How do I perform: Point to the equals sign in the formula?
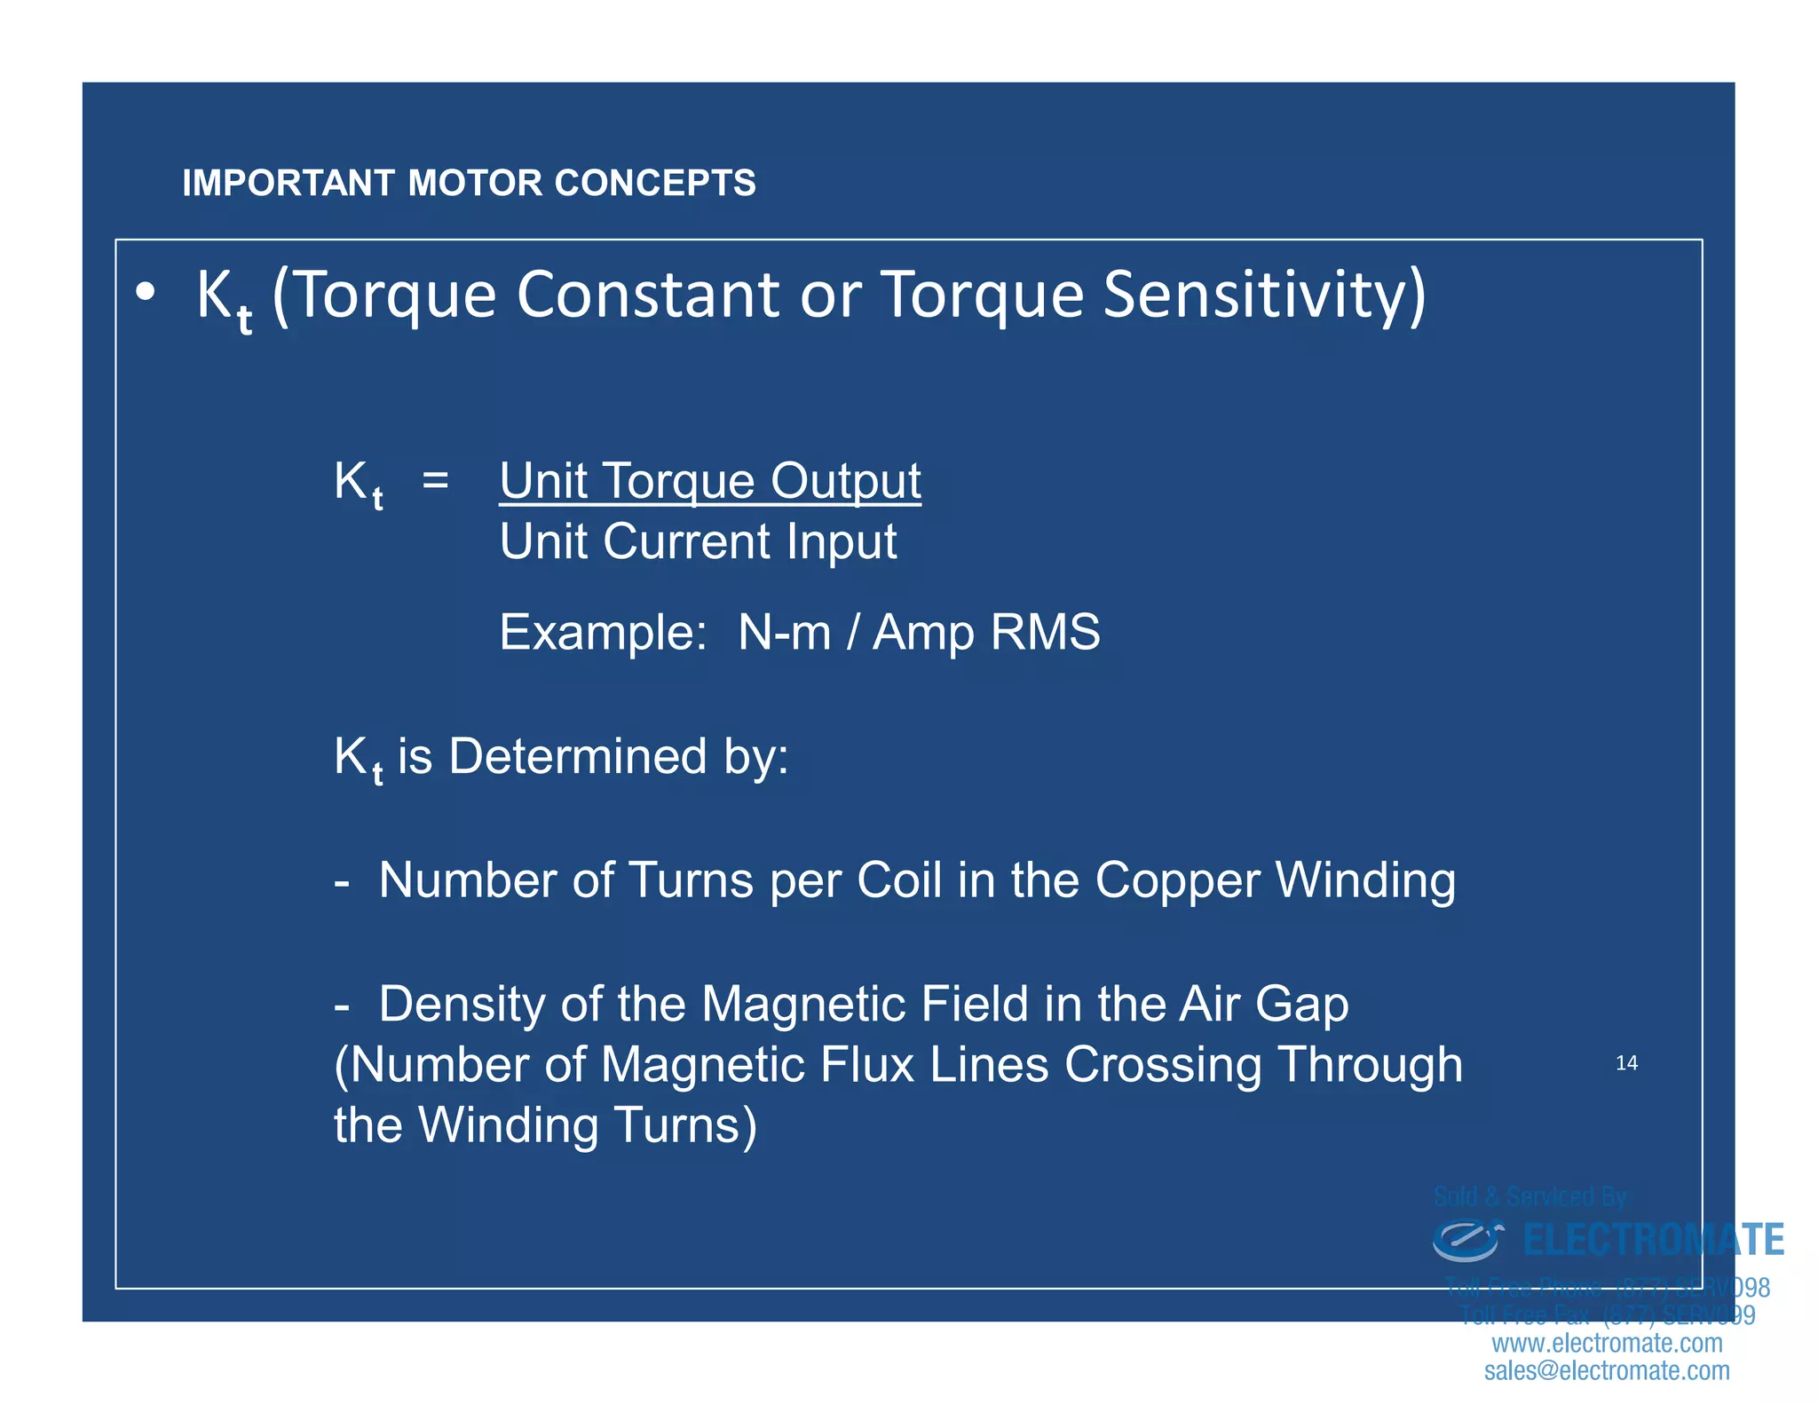coord(435,480)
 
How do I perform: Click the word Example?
coord(602,633)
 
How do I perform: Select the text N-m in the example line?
coord(784,633)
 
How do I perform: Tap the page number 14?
coord(1626,1063)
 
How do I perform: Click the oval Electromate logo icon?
coord(1466,1240)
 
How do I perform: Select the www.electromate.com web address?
coord(1607,1343)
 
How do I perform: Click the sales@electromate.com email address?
coord(1607,1371)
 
